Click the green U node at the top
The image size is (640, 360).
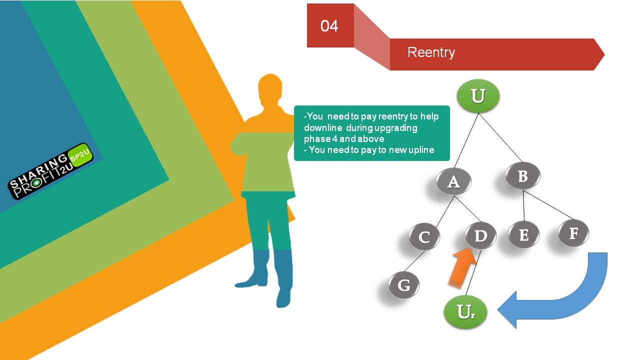[478, 95]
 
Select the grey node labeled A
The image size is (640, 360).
[453, 181]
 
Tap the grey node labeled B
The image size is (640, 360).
[523, 175]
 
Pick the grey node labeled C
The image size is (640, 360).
[424, 237]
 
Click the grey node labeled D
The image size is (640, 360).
[481, 236]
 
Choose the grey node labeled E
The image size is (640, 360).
[523, 235]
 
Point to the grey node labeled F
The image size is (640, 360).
[573, 233]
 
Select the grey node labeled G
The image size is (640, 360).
[404, 285]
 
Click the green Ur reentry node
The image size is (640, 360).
[465, 312]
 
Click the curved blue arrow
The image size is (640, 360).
[583, 305]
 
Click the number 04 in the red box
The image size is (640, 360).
[329, 26]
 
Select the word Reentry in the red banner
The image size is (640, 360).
[431, 52]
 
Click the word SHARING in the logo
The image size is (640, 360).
[38, 171]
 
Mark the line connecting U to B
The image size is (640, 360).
[500, 137]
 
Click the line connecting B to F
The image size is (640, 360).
[548, 205]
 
